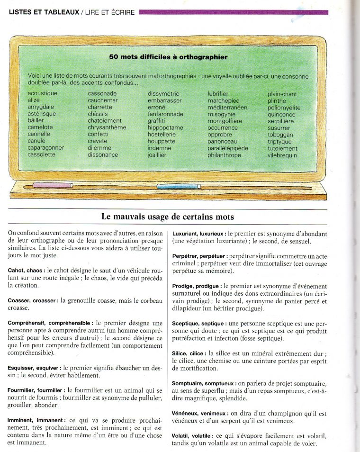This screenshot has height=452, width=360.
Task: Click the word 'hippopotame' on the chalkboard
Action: [165, 128]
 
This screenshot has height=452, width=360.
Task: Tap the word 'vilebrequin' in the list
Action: [283, 155]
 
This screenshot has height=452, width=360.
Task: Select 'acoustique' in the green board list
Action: [43, 94]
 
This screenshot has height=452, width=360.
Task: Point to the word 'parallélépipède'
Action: [228, 148]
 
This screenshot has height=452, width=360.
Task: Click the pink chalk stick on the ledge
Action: [52, 185]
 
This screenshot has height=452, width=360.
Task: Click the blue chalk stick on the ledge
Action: [179, 186]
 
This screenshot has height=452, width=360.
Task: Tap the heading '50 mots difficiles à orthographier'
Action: [168, 57]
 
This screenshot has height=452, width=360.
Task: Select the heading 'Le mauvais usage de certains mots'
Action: [168, 217]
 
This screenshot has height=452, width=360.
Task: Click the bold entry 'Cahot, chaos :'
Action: [27, 270]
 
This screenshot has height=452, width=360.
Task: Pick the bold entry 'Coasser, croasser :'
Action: [33, 300]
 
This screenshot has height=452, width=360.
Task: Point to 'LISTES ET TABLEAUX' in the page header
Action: [44, 12]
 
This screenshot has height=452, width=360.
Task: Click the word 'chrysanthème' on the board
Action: [107, 128]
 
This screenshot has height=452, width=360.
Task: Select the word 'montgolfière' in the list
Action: [225, 121]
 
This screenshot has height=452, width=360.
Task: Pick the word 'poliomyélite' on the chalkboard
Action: [284, 108]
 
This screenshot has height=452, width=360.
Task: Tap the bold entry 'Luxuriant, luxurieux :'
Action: [199, 234]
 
